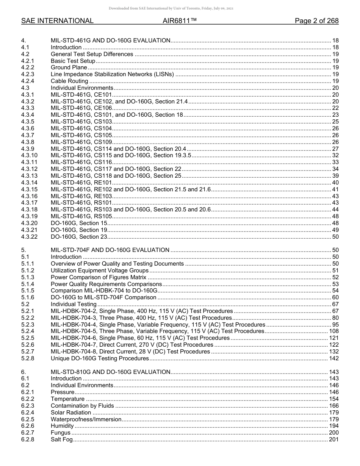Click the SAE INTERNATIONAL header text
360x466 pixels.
(57, 21)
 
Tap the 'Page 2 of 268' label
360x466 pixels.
(316, 21)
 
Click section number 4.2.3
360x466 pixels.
(28, 74)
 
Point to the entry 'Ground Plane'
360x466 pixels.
(69, 67)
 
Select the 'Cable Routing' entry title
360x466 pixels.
(69, 81)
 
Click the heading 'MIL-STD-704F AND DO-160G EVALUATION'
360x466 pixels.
(110, 250)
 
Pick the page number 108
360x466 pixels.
(333, 331)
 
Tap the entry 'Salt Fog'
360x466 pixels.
(61, 439)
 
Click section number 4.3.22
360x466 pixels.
(29, 237)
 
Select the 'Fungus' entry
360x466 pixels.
(61, 433)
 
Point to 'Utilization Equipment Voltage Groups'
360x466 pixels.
(100, 271)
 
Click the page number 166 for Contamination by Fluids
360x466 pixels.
(333, 406)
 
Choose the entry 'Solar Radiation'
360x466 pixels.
(71, 413)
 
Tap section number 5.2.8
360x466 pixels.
(28, 358)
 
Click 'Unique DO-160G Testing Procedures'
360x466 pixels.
(100, 358)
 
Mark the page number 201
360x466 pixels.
(333, 439)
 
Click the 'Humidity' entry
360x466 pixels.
(62, 426)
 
